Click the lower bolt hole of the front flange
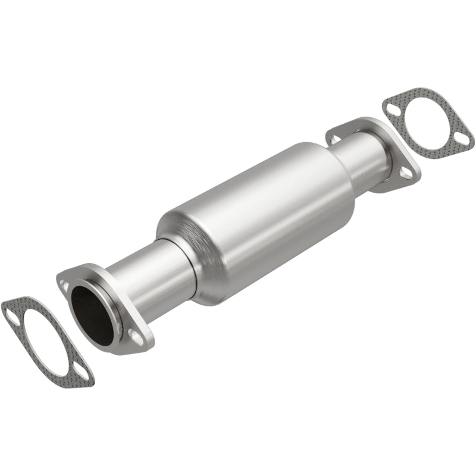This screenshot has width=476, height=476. pyautogui.click(x=136, y=337)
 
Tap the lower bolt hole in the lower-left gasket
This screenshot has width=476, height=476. pyautogui.click(x=83, y=374)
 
